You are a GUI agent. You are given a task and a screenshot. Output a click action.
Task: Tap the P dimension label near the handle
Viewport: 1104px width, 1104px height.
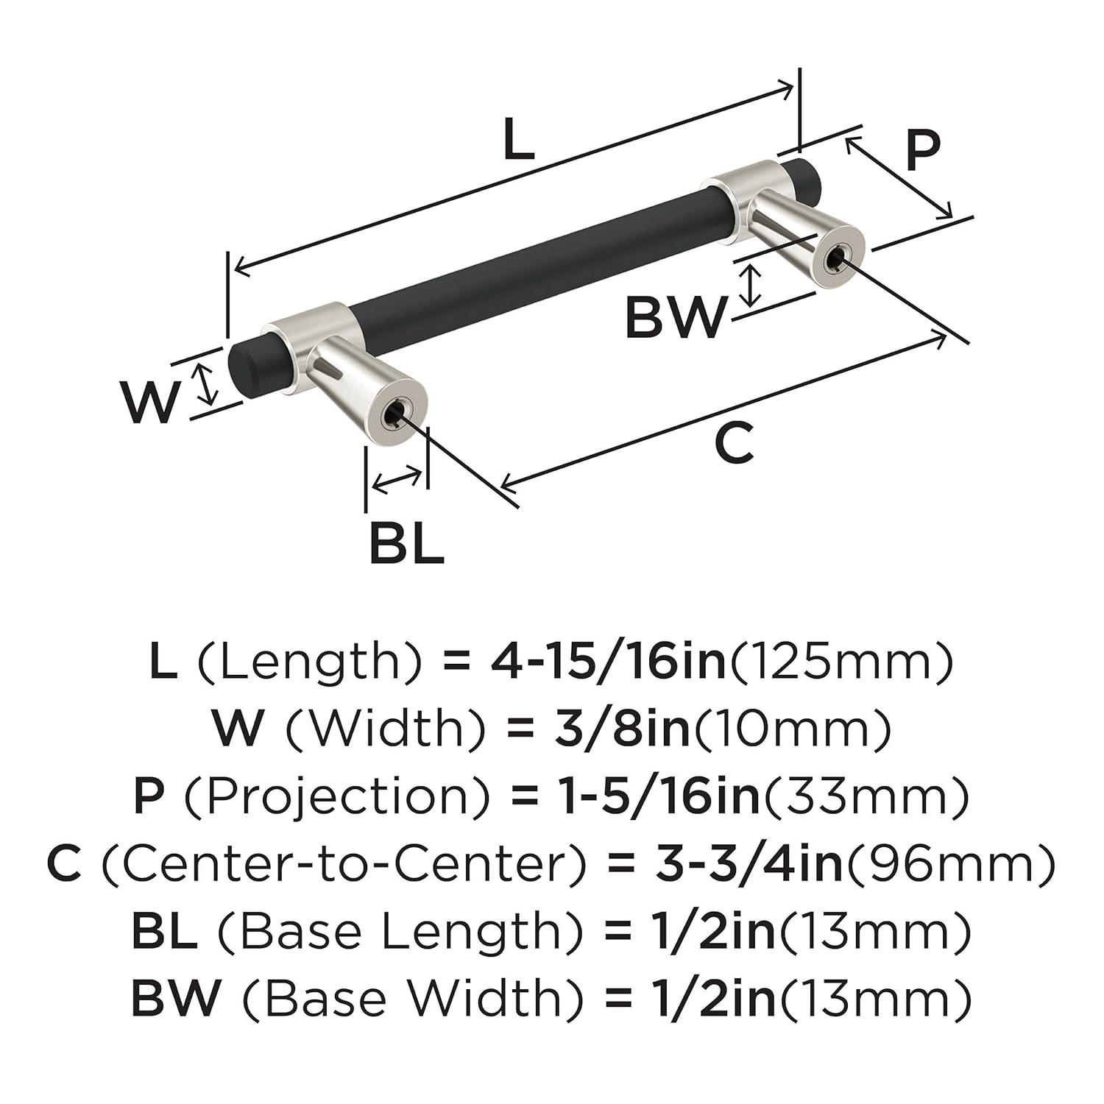click(922, 150)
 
